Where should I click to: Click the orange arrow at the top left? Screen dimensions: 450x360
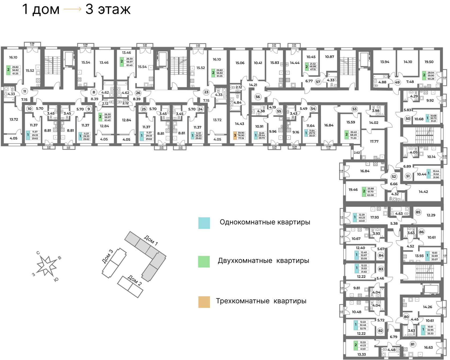pyautogui.click(x=72, y=9)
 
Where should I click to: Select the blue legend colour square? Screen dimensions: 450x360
pyautogui.click(x=204, y=223)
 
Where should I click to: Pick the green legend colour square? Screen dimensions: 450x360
pyautogui.click(x=204, y=262)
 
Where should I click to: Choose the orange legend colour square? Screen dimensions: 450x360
pyautogui.click(x=204, y=302)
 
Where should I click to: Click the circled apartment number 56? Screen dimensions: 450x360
pyautogui.click(x=258, y=97)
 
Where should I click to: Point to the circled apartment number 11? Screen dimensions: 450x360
pyautogui.click(x=25, y=91)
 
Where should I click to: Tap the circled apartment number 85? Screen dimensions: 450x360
pyautogui.click(x=418, y=212)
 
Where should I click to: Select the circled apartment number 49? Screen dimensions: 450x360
pyautogui.click(x=397, y=82)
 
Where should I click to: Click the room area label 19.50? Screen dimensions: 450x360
pyautogui.click(x=429, y=62)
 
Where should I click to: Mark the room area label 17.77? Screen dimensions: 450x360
pyautogui.click(x=374, y=141)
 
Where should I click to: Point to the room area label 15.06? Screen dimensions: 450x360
pyautogui.click(x=240, y=63)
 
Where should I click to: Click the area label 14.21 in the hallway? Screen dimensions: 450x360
pyautogui.click(x=253, y=85)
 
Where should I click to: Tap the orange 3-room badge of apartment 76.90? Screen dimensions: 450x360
pyautogui.click(x=235, y=135)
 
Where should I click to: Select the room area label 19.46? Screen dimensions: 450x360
pyautogui.click(x=353, y=190)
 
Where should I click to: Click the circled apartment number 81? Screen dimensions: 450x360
pyautogui.click(x=412, y=344)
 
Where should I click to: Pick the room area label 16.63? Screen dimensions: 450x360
pyautogui.click(x=428, y=347)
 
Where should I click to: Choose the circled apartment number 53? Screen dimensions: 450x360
pyautogui.click(x=355, y=109)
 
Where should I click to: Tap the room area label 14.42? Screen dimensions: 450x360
pyautogui.click(x=423, y=192)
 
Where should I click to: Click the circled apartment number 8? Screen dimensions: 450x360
pyautogui.click(x=94, y=92)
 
